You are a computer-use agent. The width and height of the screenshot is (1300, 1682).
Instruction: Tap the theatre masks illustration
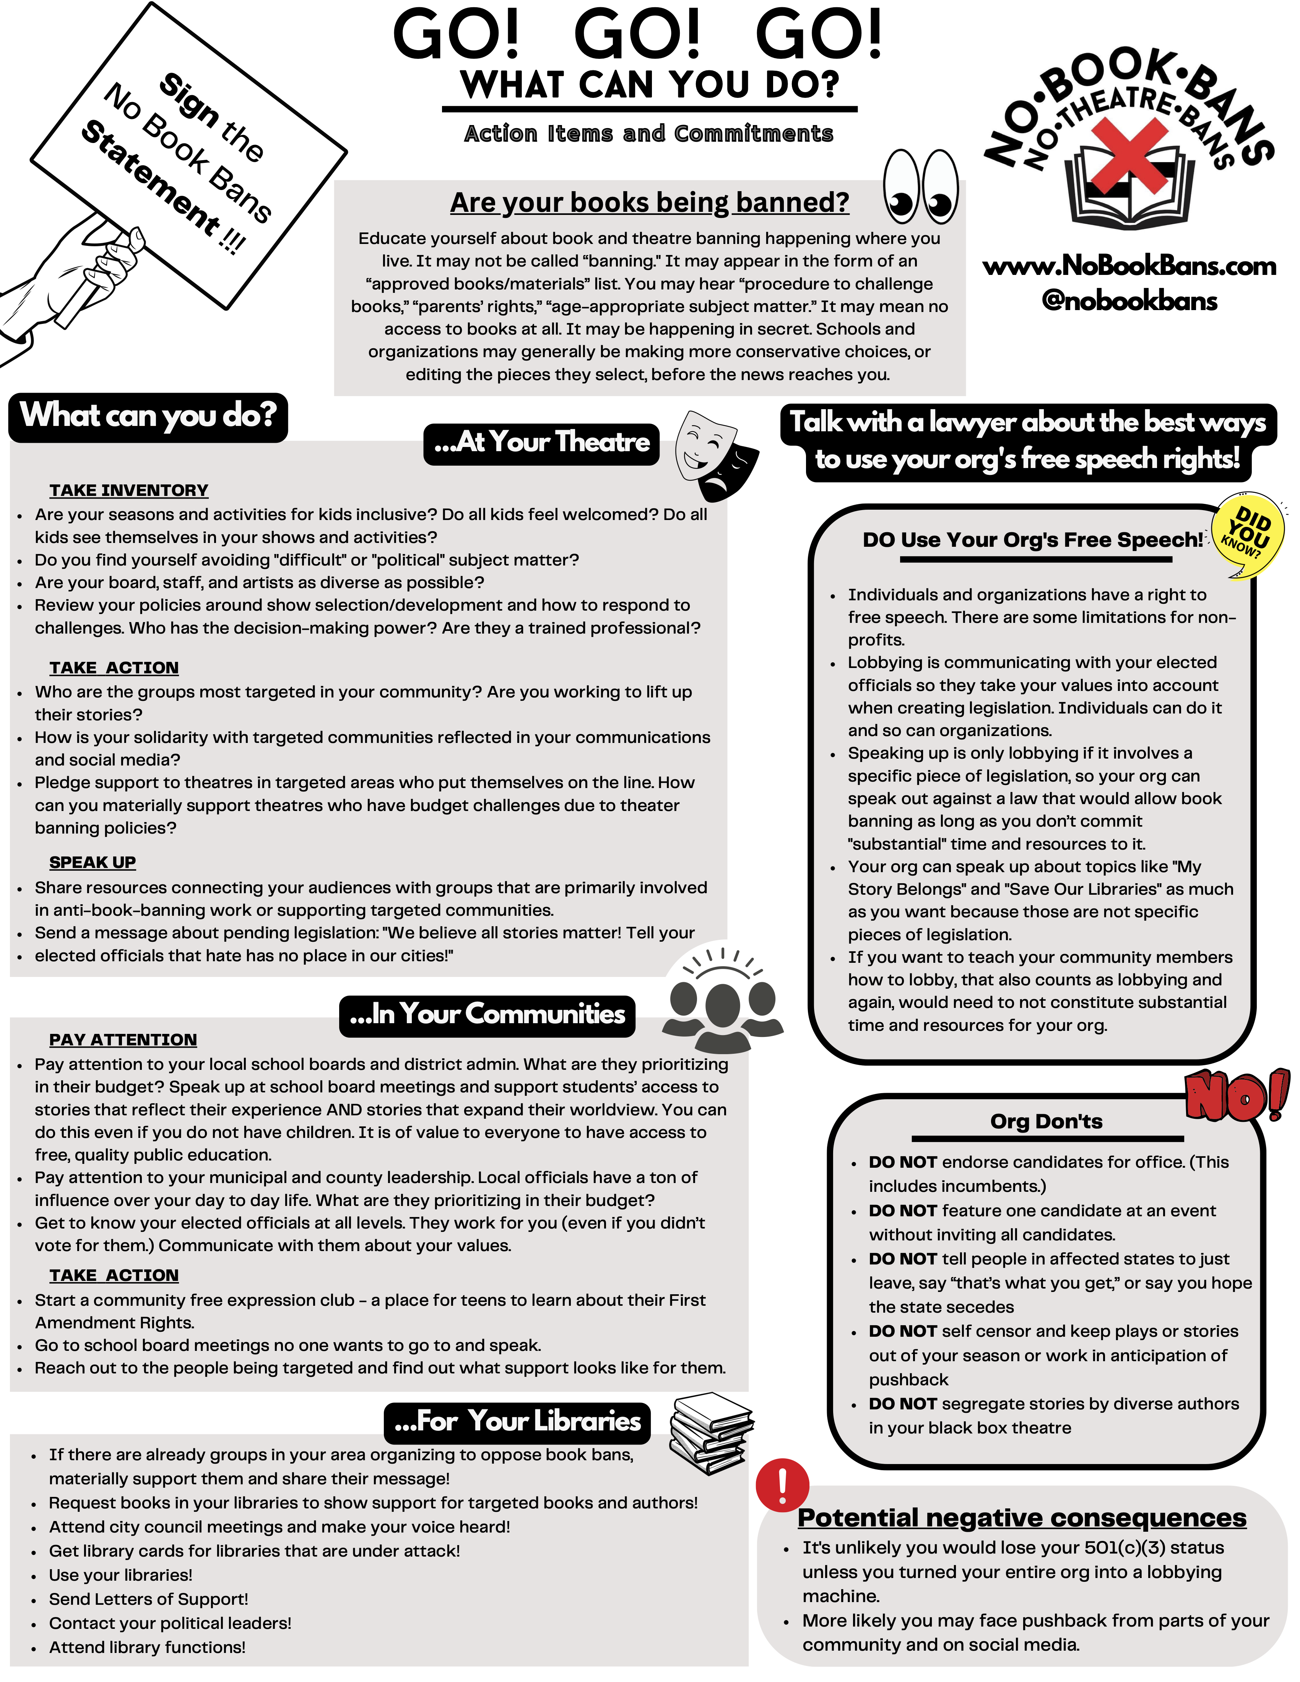point(715,454)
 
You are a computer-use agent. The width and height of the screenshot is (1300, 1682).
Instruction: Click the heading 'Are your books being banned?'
point(649,203)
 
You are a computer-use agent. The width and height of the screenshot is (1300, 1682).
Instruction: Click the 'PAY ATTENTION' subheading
point(123,1040)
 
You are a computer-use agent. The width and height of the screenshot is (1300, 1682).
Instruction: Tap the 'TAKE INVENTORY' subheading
point(128,491)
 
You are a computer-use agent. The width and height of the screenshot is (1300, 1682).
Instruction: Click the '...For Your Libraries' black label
point(517,1421)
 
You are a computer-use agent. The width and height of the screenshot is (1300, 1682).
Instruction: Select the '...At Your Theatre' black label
point(541,443)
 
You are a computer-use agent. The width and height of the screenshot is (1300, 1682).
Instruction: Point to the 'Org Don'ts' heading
point(1046,1121)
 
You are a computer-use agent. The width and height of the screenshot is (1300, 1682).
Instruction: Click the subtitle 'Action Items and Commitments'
point(648,134)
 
